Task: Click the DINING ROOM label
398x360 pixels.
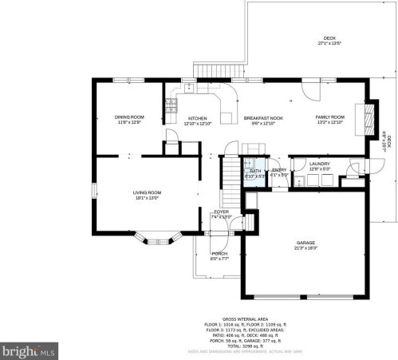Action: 128,117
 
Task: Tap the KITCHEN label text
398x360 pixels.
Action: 197,117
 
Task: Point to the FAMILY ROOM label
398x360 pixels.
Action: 329,117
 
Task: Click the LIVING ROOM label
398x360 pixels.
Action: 147,192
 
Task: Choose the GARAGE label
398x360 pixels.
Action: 306,243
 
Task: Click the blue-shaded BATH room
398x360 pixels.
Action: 254,172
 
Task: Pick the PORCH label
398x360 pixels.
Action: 219,254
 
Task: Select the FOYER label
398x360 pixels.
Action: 221,212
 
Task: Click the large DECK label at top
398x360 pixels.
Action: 329,39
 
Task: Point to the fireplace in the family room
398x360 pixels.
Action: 368,119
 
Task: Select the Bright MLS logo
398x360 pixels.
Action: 29,349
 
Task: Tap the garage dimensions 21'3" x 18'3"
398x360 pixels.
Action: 306,248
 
